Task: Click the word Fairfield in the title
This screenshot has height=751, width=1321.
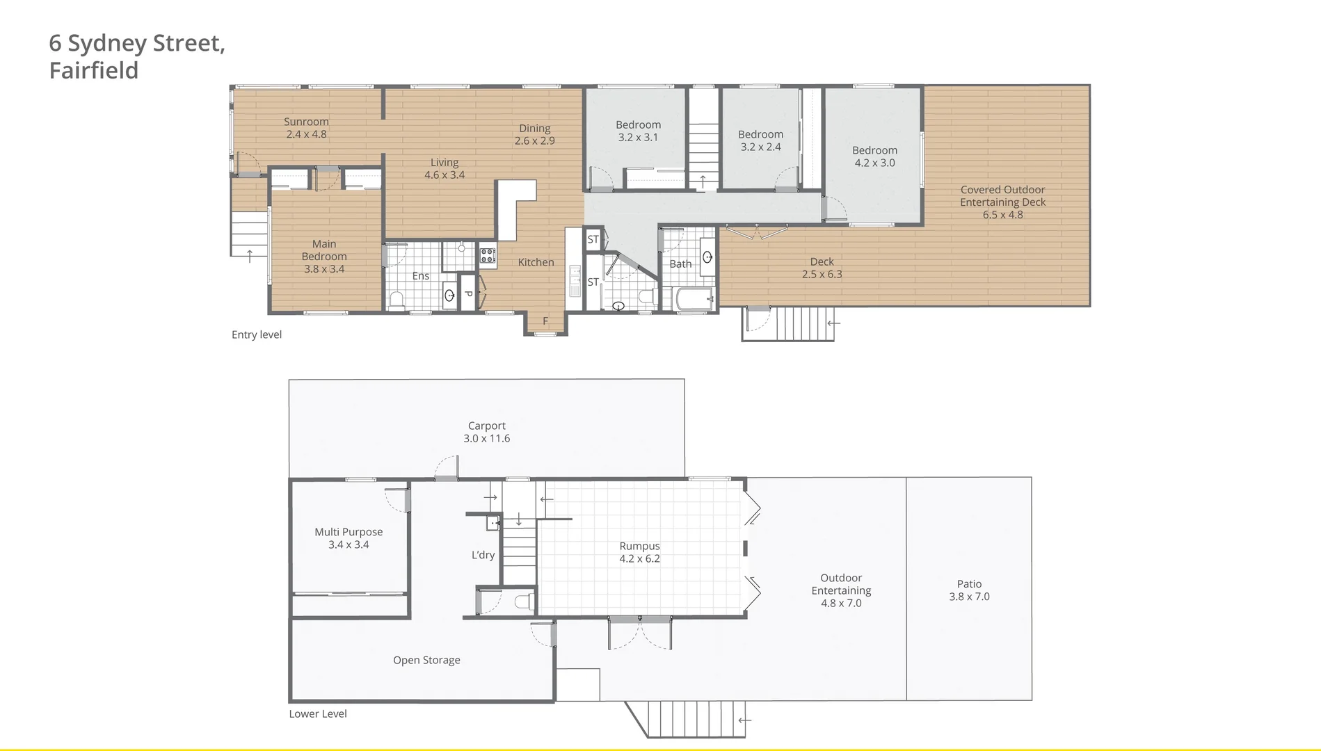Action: (94, 70)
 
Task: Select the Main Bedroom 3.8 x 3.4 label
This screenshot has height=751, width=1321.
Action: (324, 256)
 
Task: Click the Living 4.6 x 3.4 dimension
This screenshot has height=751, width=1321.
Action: (445, 175)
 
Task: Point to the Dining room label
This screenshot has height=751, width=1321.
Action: (534, 129)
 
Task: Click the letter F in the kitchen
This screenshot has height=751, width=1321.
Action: (545, 321)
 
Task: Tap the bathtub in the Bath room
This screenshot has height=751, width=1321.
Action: (694, 299)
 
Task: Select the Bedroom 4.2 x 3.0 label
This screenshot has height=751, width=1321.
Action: (874, 156)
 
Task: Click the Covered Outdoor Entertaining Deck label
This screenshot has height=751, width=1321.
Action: (1002, 202)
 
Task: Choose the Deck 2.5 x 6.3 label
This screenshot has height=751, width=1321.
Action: (822, 268)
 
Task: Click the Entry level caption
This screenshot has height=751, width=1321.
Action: (257, 334)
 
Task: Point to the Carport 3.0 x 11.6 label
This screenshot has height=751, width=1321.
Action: (486, 432)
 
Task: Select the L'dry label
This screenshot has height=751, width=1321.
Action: (483, 555)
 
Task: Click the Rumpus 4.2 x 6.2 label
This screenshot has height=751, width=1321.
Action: (639, 552)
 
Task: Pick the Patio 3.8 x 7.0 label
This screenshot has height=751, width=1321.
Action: (969, 590)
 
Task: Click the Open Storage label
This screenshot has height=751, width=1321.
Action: (426, 660)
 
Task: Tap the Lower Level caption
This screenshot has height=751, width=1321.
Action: (318, 713)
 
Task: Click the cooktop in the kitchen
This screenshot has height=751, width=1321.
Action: (488, 255)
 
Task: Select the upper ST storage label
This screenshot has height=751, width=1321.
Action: (593, 239)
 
